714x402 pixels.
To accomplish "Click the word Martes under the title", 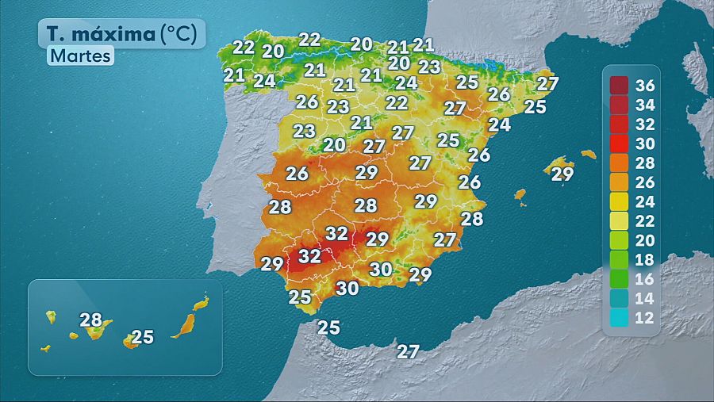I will [x=80, y=56].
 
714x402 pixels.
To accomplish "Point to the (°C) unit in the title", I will [x=182, y=34].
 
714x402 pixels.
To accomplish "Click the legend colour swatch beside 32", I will [x=620, y=124].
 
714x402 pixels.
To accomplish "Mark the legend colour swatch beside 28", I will [x=620, y=163].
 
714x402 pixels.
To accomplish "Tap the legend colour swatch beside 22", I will [x=620, y=221].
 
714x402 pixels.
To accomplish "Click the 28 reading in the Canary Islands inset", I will [x=91, y=320].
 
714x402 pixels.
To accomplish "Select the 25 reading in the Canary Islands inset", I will [x=142, y=337].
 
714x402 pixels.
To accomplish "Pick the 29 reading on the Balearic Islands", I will [x=562, y=174].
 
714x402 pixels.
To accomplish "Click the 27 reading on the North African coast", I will [x=408, y=351].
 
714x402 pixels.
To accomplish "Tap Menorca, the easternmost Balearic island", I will [x=588, y=154].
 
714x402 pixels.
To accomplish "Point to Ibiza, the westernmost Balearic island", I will [x=520, y=194].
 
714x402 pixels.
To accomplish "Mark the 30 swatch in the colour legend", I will [x=620, y=144].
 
